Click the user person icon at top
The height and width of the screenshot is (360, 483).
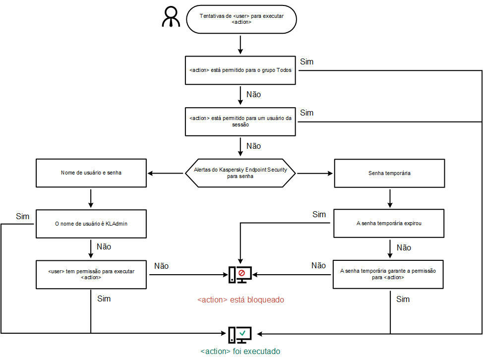click(x=171, y=17)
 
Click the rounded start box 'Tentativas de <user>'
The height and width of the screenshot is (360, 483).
click(x=241, y=19)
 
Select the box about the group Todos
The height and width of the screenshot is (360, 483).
click(x=240, y=70)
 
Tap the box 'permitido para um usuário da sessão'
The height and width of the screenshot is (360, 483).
click(x=240, y=121)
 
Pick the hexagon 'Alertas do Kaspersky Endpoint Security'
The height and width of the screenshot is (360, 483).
click(x=240, y=173)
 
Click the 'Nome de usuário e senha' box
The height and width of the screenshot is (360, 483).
click(x=91, y=173)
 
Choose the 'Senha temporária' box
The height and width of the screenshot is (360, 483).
click(x=389, y=173)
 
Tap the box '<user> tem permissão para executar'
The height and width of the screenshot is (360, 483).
click(x=91, y=274)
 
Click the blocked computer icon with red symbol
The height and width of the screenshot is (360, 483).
click(x=240, y=274)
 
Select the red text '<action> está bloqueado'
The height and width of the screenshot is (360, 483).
click(x=241, y=300)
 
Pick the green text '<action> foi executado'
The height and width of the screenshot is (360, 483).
click(x=241, y=351)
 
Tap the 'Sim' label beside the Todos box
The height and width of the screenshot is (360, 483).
click(x=306, y=62)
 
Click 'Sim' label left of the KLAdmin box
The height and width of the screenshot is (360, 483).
click(x=22, y=216)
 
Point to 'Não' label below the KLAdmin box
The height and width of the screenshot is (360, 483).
click(x=104, y=246)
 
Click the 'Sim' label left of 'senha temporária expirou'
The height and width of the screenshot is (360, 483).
click(x=319, y=215)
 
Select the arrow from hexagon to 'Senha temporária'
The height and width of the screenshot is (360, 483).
click(x=314, y=173)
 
